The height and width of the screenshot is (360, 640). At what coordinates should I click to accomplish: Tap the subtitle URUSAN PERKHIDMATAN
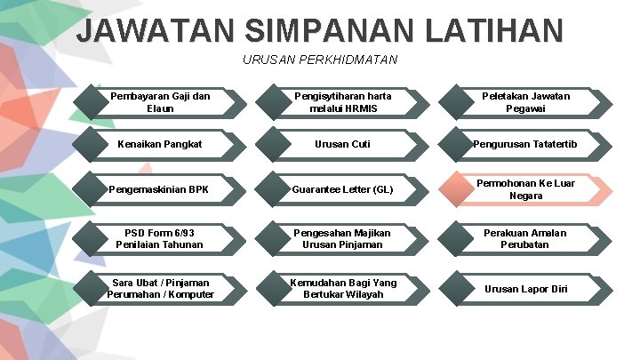[320, 60]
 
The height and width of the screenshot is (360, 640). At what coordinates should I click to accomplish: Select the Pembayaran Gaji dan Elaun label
[160, 102]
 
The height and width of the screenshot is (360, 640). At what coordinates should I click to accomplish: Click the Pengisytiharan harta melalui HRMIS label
[342, 102]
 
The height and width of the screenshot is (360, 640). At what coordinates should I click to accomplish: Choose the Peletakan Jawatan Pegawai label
[526, 102]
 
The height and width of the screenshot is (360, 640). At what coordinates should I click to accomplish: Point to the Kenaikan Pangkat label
[160, 144]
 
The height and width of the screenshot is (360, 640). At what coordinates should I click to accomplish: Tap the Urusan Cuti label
[342, 144]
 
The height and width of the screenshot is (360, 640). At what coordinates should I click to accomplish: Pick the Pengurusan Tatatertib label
[526, 144]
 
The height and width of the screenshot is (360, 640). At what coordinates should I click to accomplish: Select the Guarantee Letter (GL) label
[342, 189]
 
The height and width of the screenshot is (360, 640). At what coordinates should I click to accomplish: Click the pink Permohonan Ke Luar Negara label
[526, 189]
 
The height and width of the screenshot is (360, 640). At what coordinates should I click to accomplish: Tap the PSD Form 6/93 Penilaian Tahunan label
[160, 238]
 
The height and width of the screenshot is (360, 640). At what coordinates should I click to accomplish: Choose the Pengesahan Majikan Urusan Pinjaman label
[342, 238]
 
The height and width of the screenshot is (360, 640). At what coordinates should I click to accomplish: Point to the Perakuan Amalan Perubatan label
[526, 238]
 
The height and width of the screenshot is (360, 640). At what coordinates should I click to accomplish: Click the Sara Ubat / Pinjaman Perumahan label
[160, 288]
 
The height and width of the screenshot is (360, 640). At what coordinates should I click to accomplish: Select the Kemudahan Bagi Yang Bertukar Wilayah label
[342, 288]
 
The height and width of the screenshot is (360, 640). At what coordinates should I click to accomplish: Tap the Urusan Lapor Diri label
[526, 288]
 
